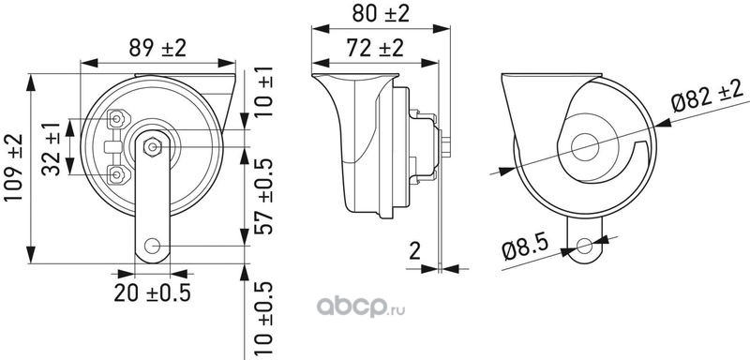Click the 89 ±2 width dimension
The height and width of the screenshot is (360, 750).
tap(157, 48)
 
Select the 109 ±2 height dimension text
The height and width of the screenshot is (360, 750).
tap(13, 167)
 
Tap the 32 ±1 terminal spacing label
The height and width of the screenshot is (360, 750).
tap(52, 149)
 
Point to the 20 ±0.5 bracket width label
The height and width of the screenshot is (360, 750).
tap(152, 292)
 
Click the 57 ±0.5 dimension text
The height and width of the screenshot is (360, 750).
tap(263, 197)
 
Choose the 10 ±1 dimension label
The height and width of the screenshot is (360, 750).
tap(263, 92)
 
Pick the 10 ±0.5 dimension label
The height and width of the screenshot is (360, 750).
tap(263, 320)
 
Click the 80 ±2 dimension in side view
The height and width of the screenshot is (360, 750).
tap(381, 13)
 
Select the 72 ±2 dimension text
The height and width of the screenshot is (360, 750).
tap(375, 48)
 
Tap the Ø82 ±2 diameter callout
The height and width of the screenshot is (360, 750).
tap(709, 96)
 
